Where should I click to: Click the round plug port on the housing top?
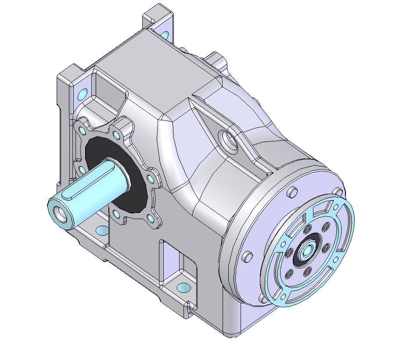229,141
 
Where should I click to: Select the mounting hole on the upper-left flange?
82,94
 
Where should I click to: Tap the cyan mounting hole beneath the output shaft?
102,230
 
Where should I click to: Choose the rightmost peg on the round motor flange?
338,192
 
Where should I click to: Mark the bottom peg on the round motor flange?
262,298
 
